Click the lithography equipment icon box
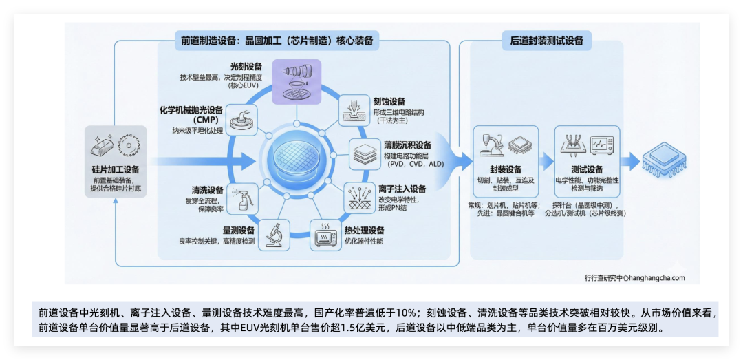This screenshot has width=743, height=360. point(297,81)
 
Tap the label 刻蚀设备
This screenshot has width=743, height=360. point(389,101)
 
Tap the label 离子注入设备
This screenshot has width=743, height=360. point(402,189)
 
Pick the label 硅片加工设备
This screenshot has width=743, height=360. point(116,169)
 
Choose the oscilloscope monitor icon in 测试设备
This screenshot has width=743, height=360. point(599,145)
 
